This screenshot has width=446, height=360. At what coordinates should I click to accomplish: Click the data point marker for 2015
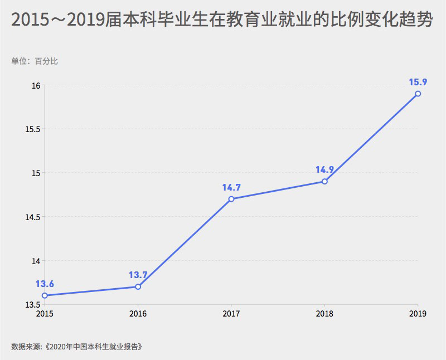(45, 295)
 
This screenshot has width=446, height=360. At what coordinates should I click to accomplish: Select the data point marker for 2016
(138, 286)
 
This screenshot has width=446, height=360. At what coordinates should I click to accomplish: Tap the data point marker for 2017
(231, 199)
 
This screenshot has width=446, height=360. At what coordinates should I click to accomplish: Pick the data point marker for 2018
(324, 182)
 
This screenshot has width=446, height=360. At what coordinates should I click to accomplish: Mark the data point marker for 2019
(418, 94)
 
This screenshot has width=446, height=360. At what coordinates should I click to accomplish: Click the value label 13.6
(45, 284)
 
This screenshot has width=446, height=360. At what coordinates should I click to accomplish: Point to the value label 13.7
(138, 275)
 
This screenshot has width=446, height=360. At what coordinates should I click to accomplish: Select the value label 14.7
(231, 187)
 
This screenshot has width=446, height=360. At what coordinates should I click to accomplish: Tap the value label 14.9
(324, 170)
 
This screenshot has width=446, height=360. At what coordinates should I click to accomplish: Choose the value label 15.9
(418, 82)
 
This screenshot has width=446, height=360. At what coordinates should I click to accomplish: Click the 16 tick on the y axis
(36, 86)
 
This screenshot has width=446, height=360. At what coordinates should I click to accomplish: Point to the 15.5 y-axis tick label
(33, 129)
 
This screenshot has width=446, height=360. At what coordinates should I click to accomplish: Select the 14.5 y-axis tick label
(33, 217)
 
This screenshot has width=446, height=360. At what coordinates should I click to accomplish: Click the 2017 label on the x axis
(231, 314)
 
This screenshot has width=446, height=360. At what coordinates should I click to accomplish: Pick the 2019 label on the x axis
(418, 314)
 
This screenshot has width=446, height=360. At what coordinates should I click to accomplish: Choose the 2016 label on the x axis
(138, 314)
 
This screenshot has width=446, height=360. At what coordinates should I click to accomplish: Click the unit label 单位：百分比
(35, 61)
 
